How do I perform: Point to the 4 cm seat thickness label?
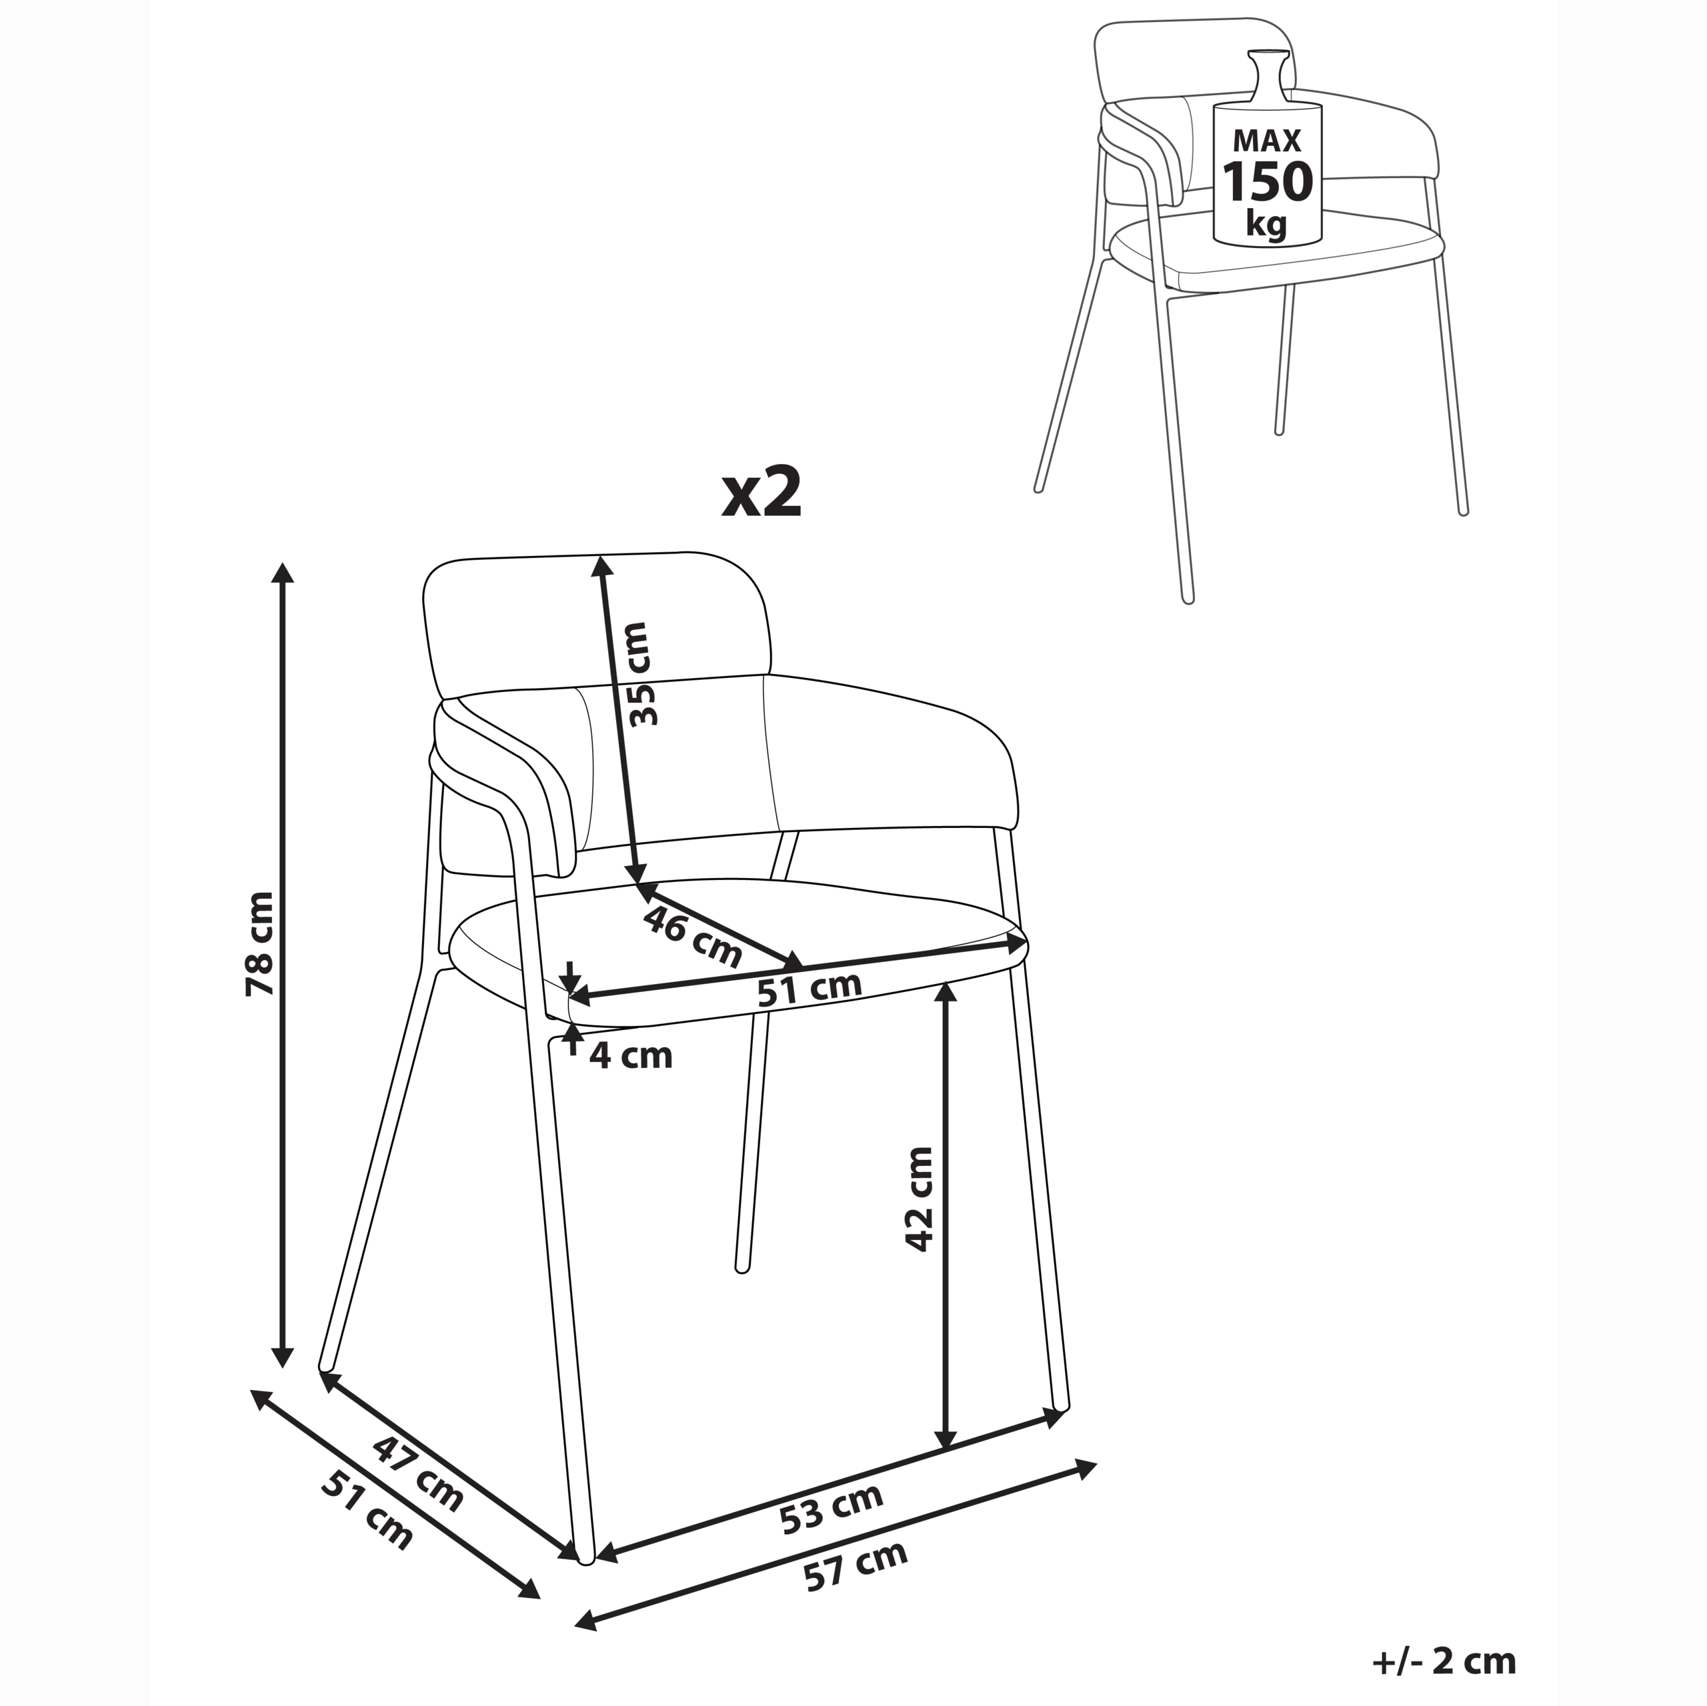click(x=631, y=1055)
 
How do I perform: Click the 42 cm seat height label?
click(x=919, y=1199)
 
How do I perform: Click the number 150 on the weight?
click(x=1268, y=182)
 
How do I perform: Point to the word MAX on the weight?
click(x=1268, y=141)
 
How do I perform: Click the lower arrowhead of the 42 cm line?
click(x=946, y=1461)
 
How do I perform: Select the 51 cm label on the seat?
click(x=809, y=989)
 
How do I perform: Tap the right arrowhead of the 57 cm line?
click(x=1085, y=1469)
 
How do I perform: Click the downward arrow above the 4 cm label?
click(x=571, y=978)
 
